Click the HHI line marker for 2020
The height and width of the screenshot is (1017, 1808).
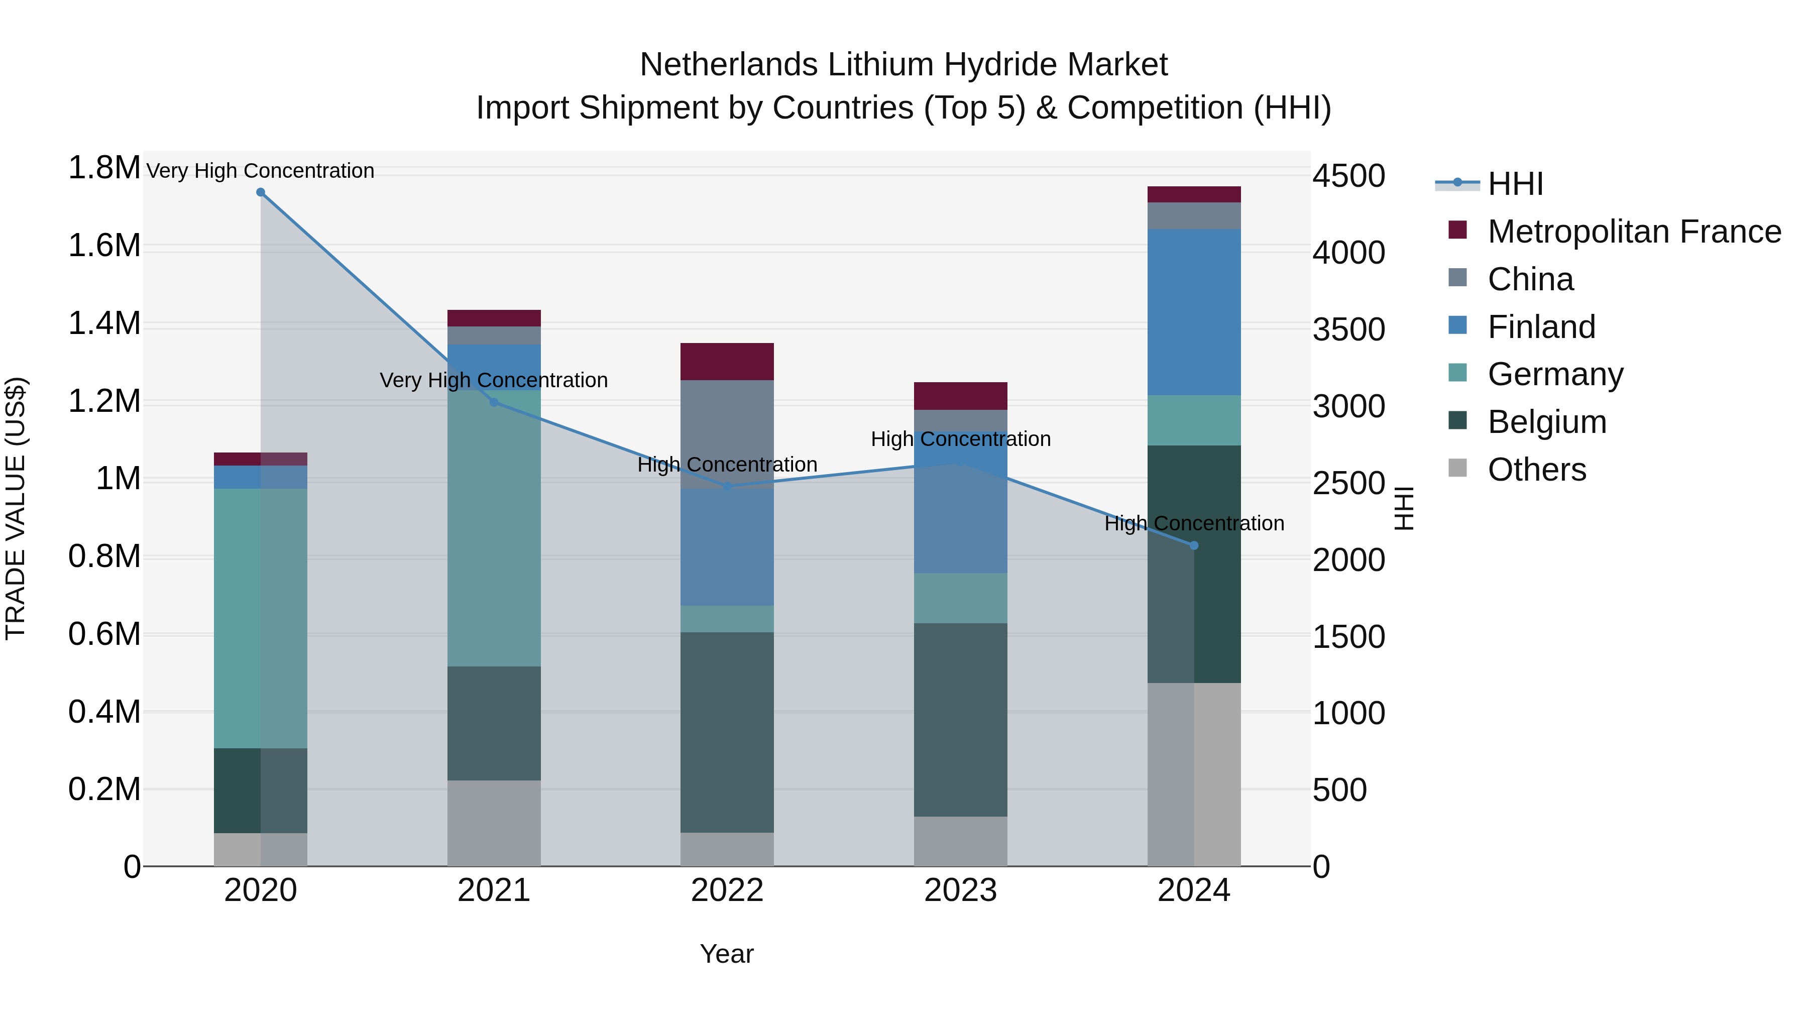click(x=260, y=192)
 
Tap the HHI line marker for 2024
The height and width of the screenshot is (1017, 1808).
click(x=1194, y=545)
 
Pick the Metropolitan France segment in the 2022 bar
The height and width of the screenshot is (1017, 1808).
click(x=727, y=362)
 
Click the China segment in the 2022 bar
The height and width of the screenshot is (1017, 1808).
click(x=727, y=434)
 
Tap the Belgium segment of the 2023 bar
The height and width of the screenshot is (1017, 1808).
click(x=960, y=719)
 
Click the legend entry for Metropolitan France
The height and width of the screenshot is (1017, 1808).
click(x=1633, y=232)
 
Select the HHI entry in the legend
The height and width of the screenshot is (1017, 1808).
click(x=1515, y=184)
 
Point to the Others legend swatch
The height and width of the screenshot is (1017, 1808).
click(x=1458, y=468)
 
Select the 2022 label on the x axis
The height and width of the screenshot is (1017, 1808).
click(x=727, y=890)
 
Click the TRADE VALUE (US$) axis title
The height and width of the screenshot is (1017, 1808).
click(x=16, y=508)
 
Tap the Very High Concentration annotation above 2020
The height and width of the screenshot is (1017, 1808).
click(x=260, y=171)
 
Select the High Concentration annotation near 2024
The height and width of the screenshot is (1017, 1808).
click(x=1194, y=524)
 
